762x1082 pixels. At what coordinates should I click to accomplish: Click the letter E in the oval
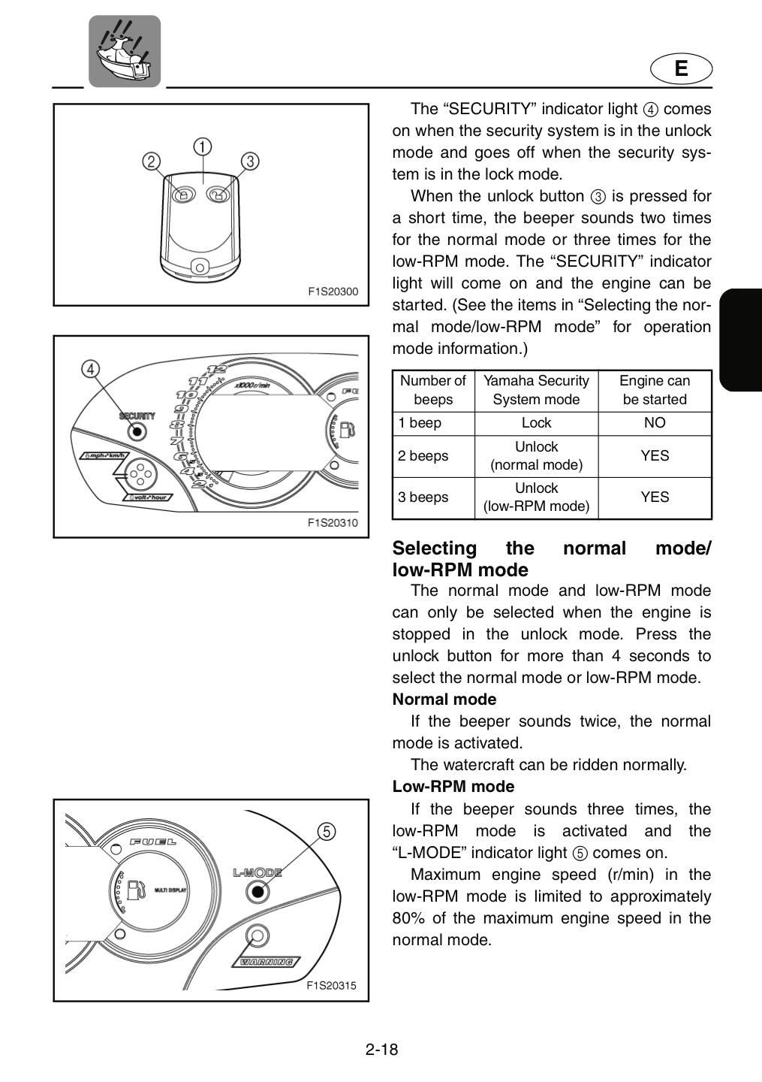(681, 68)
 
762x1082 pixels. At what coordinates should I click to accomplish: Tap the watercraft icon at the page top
(125, 51)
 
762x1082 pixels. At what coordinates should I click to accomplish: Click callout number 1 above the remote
(203, 147)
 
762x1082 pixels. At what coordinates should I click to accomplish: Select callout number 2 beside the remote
(152, 162)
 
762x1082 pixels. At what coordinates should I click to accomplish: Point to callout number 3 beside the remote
(250, 162)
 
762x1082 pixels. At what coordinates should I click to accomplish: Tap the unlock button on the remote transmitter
(218, 194)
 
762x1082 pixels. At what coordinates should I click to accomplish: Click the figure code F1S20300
(333, 292)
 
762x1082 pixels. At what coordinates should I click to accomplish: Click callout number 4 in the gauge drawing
(90, 369)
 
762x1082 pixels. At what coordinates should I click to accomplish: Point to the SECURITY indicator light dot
(137, 431)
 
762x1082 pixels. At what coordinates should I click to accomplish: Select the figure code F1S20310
(333, 523)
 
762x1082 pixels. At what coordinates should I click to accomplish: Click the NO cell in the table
(655, 423)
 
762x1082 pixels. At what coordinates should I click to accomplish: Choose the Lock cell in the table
(536, 423)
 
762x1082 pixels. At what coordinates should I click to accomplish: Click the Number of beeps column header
(433, 390)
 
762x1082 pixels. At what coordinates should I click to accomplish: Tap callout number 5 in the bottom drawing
(327, 832)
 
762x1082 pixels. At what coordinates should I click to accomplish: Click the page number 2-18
(381, 1050)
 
